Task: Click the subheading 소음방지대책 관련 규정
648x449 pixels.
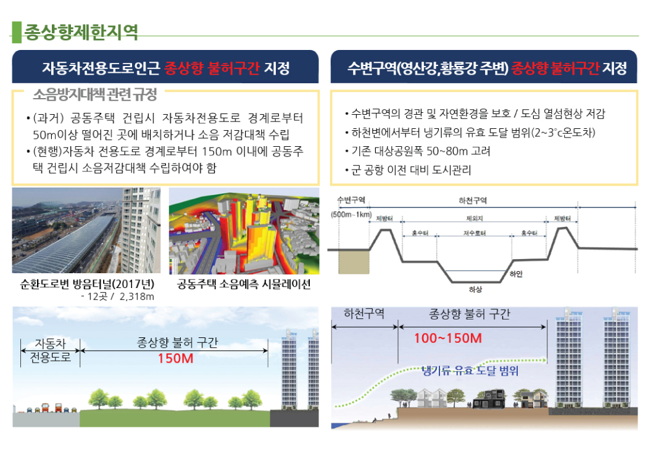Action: [94, 95]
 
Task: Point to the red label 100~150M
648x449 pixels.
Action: [448, 339]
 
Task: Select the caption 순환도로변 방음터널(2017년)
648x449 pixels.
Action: [87, 285]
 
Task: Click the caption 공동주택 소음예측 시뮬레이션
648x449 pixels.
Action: [244, 285]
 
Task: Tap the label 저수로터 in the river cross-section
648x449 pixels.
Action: [474, 234]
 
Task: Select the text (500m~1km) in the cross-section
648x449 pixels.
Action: [351, 214]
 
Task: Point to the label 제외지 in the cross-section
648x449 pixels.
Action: [474, 218]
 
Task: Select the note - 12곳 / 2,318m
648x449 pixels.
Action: [117, 297]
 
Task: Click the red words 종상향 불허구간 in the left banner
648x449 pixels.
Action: [211, 67]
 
